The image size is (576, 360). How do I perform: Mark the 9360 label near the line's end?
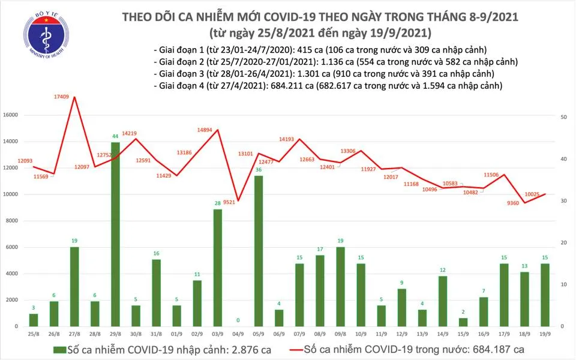point(512,203)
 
